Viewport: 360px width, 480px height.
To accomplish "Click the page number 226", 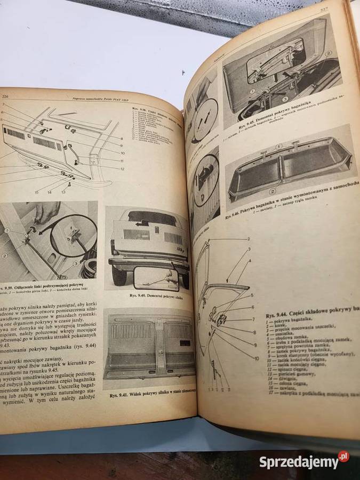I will coord(9,96).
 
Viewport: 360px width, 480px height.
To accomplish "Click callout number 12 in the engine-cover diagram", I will coord(122,169).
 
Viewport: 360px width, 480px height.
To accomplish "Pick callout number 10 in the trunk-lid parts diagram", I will coord(256,358).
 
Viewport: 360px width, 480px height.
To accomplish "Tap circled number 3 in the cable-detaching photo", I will coord(75,263).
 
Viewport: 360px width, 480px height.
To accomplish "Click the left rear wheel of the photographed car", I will coord(119,275).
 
